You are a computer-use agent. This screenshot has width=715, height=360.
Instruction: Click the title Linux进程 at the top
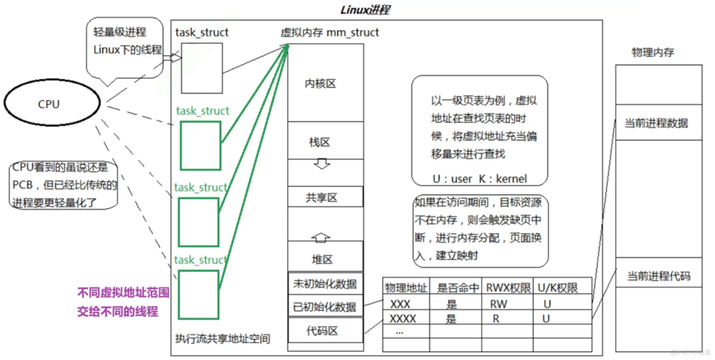(365, 10)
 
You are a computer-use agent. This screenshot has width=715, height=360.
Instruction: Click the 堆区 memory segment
(322, 259)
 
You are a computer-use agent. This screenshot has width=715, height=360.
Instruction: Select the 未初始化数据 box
(325, 283)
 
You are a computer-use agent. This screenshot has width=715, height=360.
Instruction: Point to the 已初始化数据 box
(325, 306)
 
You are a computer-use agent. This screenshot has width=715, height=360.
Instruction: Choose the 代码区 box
(325, 330)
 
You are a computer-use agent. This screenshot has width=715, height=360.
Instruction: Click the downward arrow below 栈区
(322, 164)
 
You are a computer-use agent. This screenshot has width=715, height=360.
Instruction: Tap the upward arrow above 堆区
(322, 237)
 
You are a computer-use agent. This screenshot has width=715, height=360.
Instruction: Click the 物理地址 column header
(406, 288)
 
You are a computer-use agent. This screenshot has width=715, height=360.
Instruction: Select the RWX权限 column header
(507, 288)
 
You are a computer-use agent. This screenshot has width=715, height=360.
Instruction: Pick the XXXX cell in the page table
(403, 318)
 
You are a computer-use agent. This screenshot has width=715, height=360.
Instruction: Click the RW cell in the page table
(498, 304)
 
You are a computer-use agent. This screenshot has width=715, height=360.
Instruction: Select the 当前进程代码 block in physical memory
(658, 277)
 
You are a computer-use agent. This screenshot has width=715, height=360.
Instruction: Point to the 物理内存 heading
(652, 53)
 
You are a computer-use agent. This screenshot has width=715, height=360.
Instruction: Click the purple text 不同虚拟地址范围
(124, 293)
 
